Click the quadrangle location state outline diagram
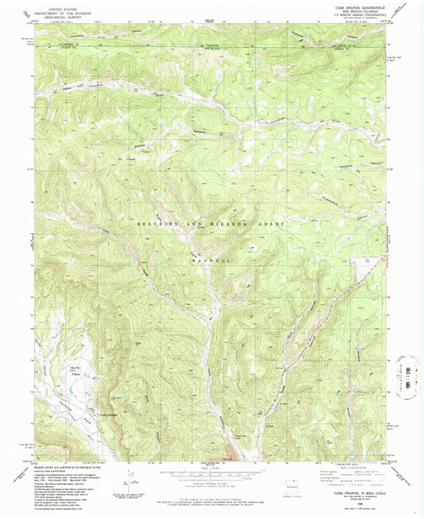pyautogui.click(x=296, y=484)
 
